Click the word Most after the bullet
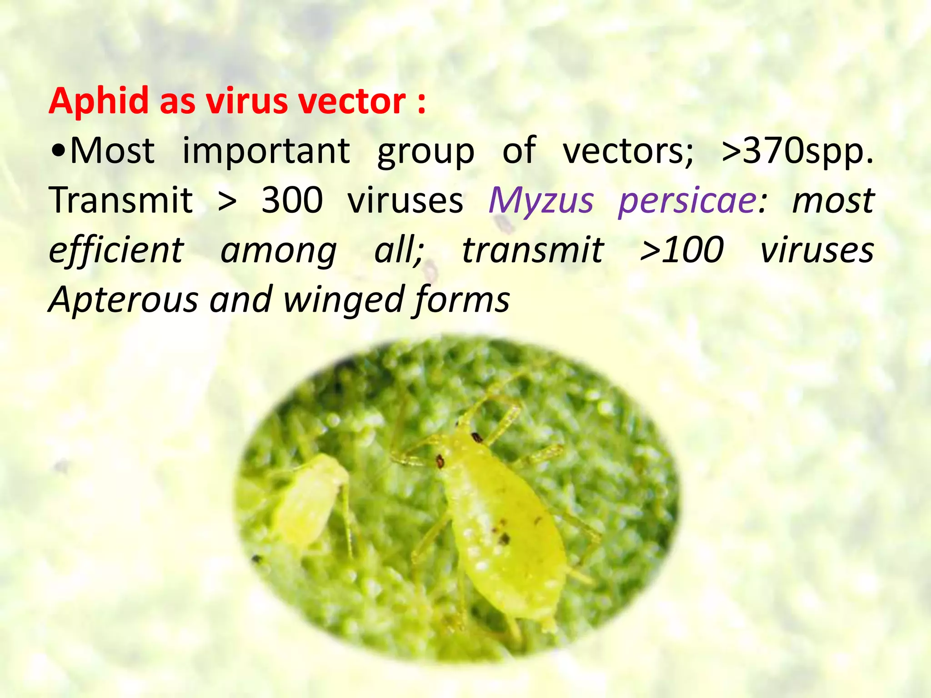[112, 151]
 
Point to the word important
[266, 151]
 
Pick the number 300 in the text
[292, 200]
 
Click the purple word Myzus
[541, 200]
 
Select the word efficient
[116, 250]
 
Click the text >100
[681, 250]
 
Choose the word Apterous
[123, 300]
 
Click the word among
[278, 251]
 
